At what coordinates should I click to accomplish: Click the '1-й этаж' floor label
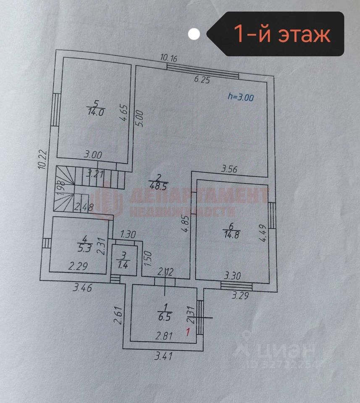click(x=281, y=34)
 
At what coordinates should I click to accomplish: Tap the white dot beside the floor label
click(x=194, y=34)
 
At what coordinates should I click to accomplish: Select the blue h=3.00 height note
click(x=240, y=97)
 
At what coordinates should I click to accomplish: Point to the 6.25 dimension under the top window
click(x=201, y=80)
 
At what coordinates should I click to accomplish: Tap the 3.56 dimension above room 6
click(x=229, y=170)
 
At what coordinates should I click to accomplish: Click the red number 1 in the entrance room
click(x=189, y=332)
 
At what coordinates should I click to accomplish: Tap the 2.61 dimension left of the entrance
click(x=118, y=316)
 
